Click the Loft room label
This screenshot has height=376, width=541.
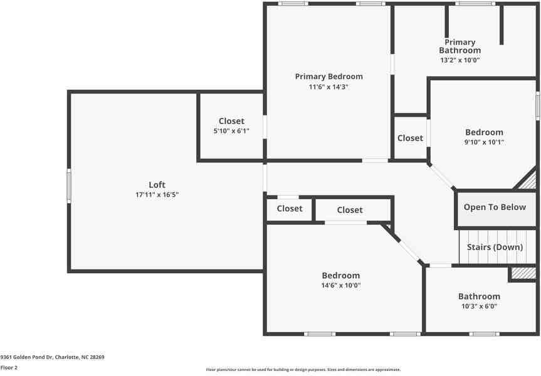pyautogui.click(x=157, y=185)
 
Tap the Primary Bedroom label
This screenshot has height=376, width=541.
pyautogui.click(x=329, y=76)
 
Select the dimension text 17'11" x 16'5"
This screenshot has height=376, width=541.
pyautogui.click(x=157, y=195)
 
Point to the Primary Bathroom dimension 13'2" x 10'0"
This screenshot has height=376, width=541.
pyautogui.click(x=460, y=60)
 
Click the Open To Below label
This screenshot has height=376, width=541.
pyautogui.click(x=495, y=207)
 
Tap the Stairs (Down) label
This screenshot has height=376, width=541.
pyautogui.click(x=495, y=247)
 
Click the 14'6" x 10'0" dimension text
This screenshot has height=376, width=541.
pyautogui.click(x=341, y=285)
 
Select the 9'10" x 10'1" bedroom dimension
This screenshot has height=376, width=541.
pyautogui.click(x=484, y=142)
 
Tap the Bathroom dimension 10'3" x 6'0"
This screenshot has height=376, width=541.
pyautogui.click(x=479, y=306)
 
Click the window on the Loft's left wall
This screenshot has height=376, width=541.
pyautogui.click(x=69, y=186)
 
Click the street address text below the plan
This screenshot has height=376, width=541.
pyautogui.click(x=52, y=357)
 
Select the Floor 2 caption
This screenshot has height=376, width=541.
pyautogui.click(x=9, y=367)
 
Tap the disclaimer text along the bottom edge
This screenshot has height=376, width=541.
pyautogui.click(x=303, y=370)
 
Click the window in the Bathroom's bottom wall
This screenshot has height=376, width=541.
pyautogui.click(x=484, y=334)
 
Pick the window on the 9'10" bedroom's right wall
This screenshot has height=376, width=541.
pyautogui.click(x=537, y=106)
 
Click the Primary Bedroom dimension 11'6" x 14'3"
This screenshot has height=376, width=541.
pyautogui.click(x=329, y=87)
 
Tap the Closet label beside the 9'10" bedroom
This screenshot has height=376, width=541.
pyautogui.click(x=410, y=138)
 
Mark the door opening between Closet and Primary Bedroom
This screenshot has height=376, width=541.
pyautogui.click(x=265, y=127)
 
